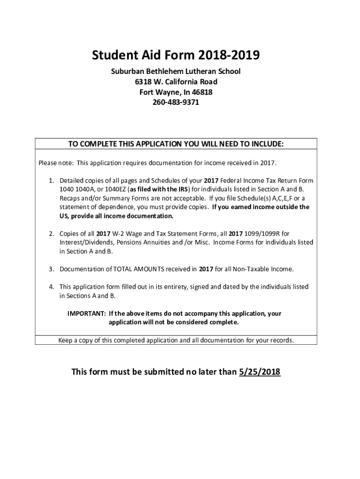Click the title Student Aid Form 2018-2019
pyautogui.click(x=175, y=56)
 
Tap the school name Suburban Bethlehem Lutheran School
pyautogui.click(x=175, y=72)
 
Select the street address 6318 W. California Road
pyautogui.click(x=175, y=82)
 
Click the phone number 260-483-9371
pyautogui.click(x=175, y=102)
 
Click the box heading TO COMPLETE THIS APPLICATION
pyautogui.click(x=176, y=144)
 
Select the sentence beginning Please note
pyautogui.click(x=158, y=163)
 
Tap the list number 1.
pyautogui.click(x=51, y=181)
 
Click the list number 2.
pyautogui.click(x=51, y=233)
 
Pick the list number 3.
pyautogui.click(x=51, y=269)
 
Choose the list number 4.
pyautogui.click(x=51, y=287)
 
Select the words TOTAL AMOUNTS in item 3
pyautogui.click(x=133, y=269)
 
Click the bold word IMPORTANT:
pyautogui.click(x=86, y=314)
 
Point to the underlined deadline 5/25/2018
pyautogui.click(x=259, y=372)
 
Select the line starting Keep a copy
pyautogui.click(x=176, y=340)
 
